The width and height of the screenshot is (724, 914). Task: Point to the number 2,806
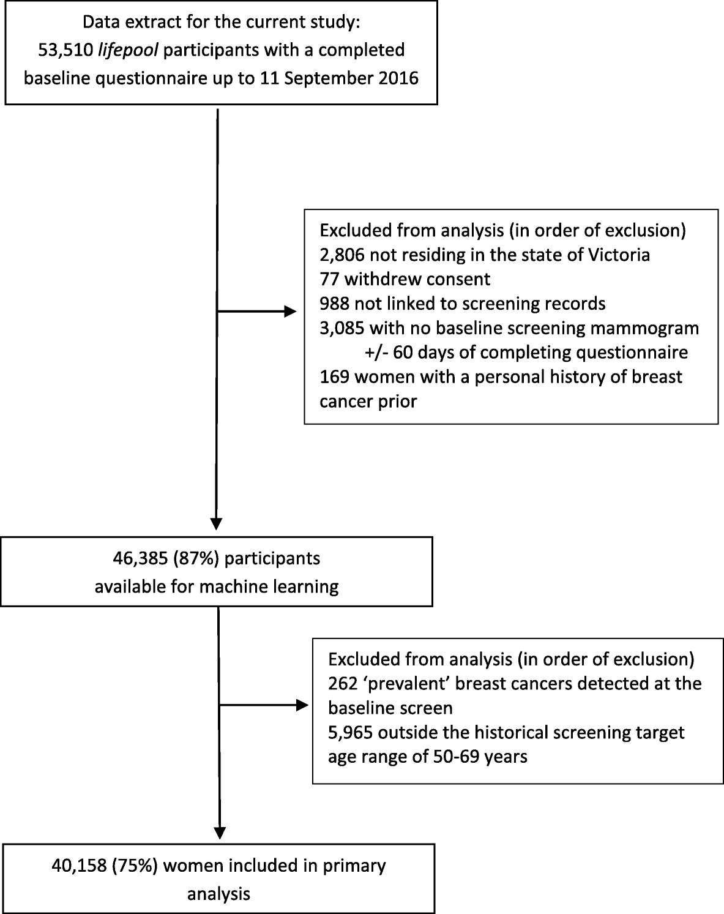click(341, 255)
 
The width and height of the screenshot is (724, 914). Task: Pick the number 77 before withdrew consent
click(330, 279)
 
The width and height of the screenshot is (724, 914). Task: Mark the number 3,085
click(341, 328)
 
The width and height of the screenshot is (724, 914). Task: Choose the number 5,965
click(349, 732)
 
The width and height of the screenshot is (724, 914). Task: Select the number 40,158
click(80, 866)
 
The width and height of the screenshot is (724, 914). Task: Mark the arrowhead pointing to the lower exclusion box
click(302, 705)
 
